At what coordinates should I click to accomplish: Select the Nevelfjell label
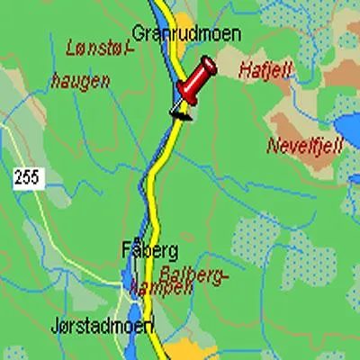tap(304, 145)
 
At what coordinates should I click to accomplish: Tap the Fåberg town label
tap(148, 249)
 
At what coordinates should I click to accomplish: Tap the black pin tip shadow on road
tap(180, 113)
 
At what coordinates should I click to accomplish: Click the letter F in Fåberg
tap(126, 249)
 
